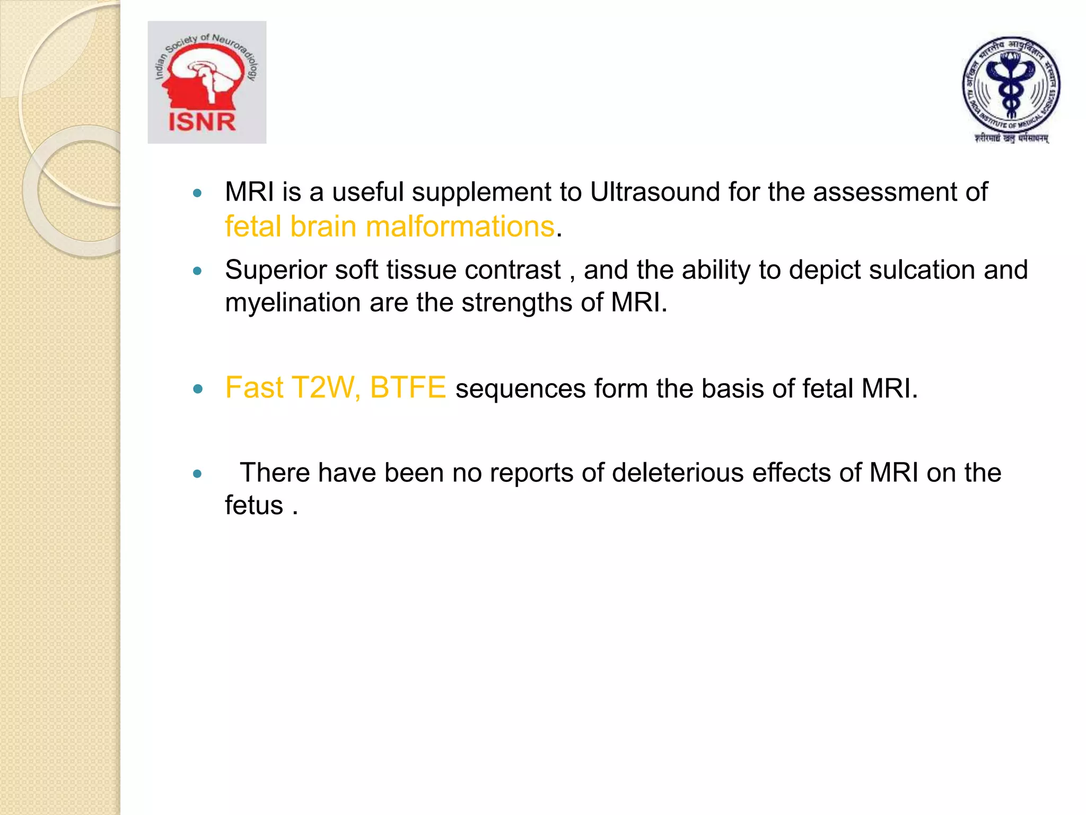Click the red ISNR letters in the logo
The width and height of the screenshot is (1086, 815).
[202, 122]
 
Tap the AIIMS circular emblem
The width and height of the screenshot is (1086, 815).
[1011, 85]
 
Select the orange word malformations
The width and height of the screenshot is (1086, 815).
[460, 227]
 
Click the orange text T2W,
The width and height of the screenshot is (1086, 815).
[326, 387]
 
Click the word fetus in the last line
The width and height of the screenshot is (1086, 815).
[254, 505]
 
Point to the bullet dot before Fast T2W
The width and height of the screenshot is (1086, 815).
[198, 389]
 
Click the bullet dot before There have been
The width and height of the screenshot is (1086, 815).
[198, 474]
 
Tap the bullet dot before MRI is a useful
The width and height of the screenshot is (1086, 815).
[198, 194]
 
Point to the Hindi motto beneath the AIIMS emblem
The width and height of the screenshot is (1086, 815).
[1011, 138]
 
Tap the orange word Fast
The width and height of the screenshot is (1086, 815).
[254, 387]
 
